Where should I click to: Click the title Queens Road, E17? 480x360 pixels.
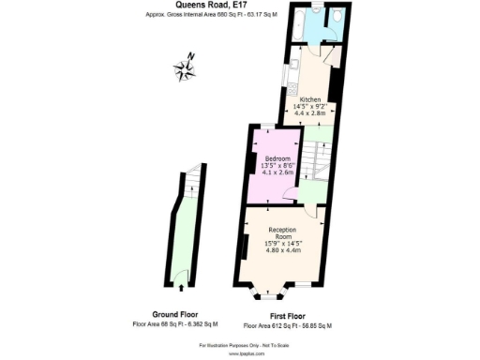click(239, 6)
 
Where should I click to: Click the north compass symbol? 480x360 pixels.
click(185, 67)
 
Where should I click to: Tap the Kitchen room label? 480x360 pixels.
click(310, 99)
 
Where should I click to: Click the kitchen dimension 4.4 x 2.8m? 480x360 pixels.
click(310, 113)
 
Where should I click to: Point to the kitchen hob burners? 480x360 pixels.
click(294, 89)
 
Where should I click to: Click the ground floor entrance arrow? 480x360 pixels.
click(187, 286)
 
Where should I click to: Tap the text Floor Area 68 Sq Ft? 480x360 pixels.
click(175, 323)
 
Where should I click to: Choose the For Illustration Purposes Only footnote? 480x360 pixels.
click(239, 347)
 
